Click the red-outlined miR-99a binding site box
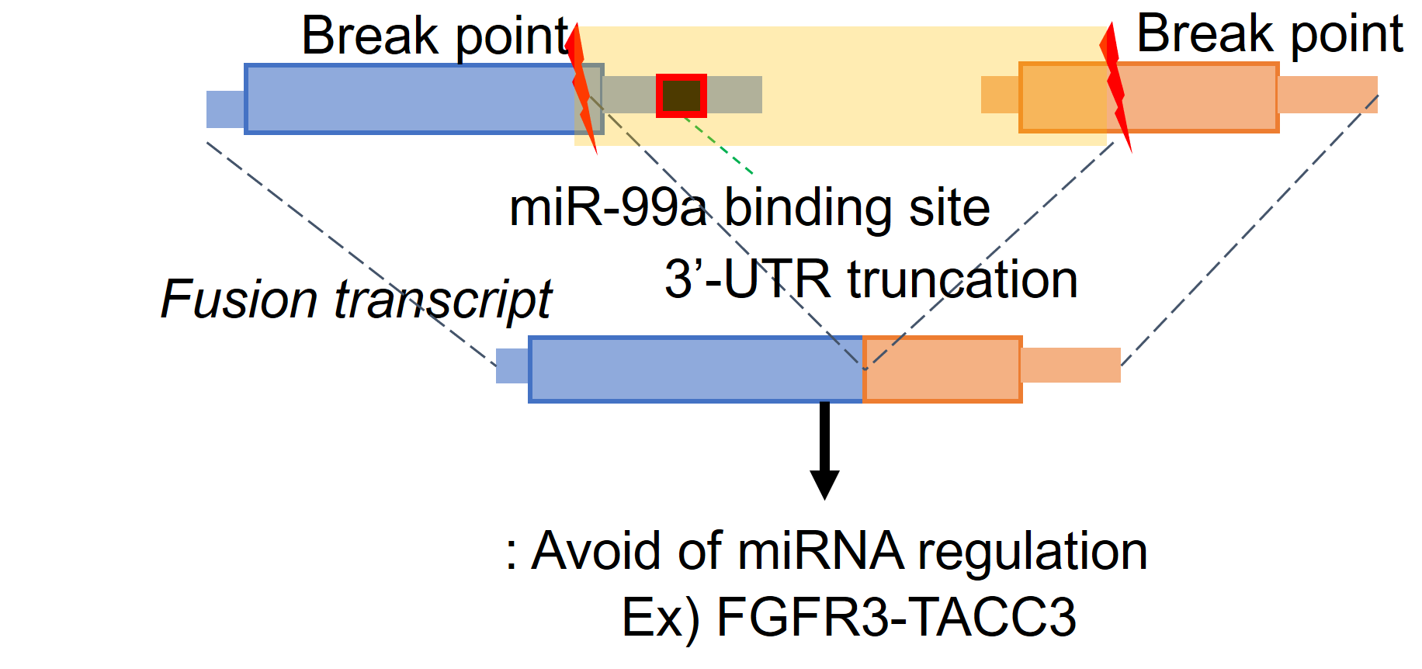[681, 95]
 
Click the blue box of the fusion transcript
[695, 369]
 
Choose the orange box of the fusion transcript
[942, 369]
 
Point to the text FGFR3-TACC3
[896, 618]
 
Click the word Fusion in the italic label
[239, 300]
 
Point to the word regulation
[1032, 553]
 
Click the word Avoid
[598, 551]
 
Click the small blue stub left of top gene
[225, 109]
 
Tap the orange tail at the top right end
[1327, 95]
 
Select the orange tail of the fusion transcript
[1070, 366]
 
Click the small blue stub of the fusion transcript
[512, 366]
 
